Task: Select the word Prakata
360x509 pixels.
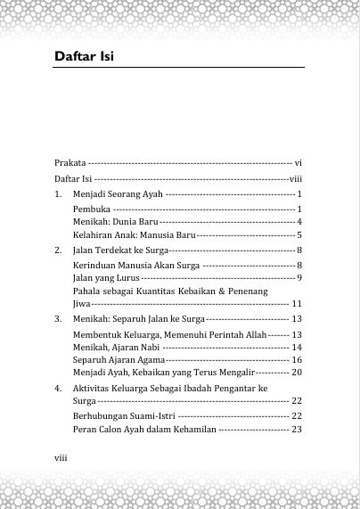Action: (70, 163)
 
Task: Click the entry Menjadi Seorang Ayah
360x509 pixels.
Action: (118, 193)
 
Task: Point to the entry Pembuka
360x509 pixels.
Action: (91, 208)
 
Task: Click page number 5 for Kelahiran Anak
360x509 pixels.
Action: (300, 234)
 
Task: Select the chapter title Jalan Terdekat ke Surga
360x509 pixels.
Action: (119, 250)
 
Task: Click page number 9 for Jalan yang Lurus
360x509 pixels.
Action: (300, 278)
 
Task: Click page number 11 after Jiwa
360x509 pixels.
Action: (298, 304)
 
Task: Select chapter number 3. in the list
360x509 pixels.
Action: (58, 318)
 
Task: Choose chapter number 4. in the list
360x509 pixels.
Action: (58, 390)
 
